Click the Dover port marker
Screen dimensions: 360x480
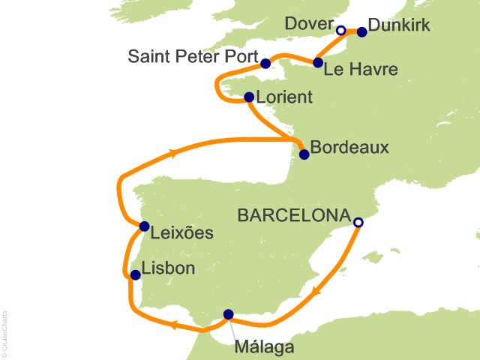coord(341,31)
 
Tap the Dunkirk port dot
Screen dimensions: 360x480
coord(362,31)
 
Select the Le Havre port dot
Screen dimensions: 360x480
coord(318,62)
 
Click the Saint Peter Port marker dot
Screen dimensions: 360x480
coord(265,61)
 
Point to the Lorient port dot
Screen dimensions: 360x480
coord(249,97)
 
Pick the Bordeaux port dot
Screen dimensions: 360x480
coord(304,155)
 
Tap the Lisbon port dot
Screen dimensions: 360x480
coord(135,275)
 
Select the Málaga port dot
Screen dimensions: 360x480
coord(229,314)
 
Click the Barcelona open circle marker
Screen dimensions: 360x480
coord(358,222)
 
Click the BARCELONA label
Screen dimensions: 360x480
coord(294,215)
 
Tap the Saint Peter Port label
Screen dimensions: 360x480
coord(191,56)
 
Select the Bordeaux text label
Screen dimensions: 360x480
coord(349,147)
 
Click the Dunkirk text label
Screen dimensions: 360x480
coord(400,26)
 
